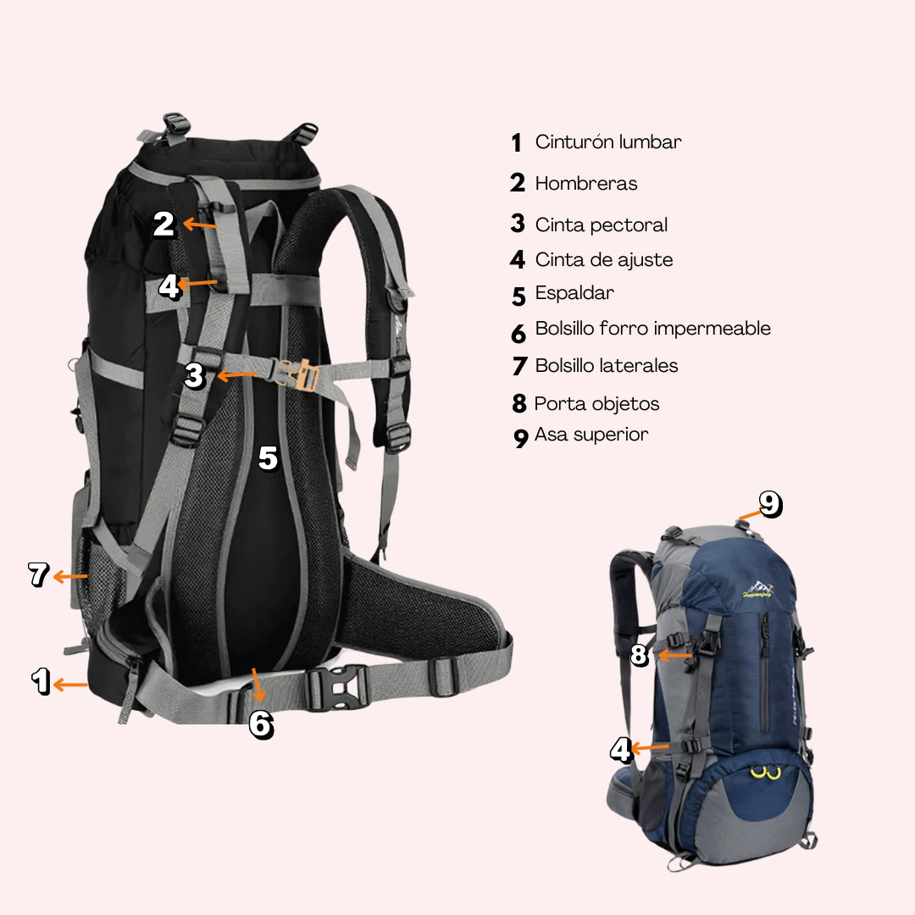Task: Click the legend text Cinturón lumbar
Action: pyautogui.click(x=608, y=141)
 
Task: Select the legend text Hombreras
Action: pyautogui.click(x=586, y=183)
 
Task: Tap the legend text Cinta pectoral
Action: pyautogui.click(x=601, y=225)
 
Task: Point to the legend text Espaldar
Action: pyautogui.click(x=574, y=293)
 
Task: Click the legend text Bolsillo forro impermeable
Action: pyautogui.click(x=652, y=329)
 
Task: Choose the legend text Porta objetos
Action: pyautogui.click(x=596, y=404)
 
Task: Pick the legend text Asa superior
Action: pyautogui.click(x=591, y=434)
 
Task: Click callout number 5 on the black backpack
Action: pyautogui.click(x=268, y=458)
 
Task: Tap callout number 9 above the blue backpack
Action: pyautogui.click(x=770, y=504)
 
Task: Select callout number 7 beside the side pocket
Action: pyautogui.click(x=39, y=574)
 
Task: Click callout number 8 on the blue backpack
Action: pyautogui.click(x=640, y=655)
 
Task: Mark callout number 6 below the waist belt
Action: pyautogui.click(x=262, y=724)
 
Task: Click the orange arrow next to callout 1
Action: pyautogui.click(x=70, y=684)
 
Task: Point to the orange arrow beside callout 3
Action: pyautogui.click(x=237, y=374)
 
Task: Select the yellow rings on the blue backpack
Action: pyautogui.click(x=765, y=773)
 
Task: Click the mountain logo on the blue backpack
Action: pyautogui.click(x=757, y=590)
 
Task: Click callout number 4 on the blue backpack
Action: pyautogui.click(x=621, y=750)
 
